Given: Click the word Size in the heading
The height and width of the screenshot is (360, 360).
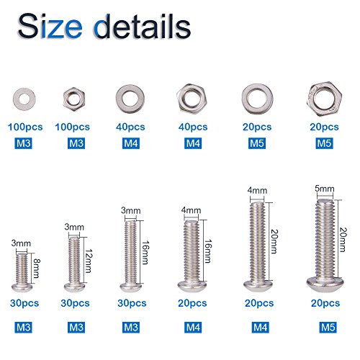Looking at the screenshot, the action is (50, 26).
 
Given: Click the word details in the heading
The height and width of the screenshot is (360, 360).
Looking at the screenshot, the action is (143, 26).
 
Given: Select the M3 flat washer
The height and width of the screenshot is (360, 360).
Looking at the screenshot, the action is (17, 99).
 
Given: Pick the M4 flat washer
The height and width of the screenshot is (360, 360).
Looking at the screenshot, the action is (121, 99).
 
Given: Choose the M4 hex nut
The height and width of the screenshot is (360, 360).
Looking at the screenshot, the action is (182, 99).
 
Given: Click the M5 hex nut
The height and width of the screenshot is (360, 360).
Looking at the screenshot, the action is (312, 99).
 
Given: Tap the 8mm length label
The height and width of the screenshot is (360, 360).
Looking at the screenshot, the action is (36, 268).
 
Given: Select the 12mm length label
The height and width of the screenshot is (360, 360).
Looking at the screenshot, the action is (89, 261).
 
